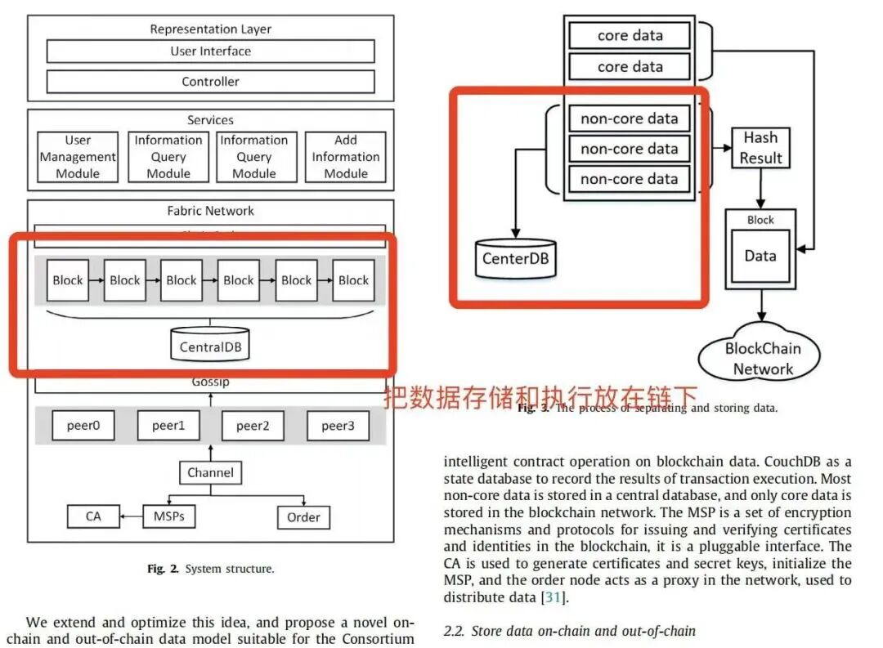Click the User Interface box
click(x=210, y=51)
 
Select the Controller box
click(x=210, y=82)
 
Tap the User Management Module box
click(x=78, y=157)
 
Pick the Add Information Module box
click(x=346, y=157)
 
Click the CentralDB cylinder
click(x=210, y=346)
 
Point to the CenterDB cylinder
click(x=515, y=259)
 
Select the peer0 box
click(x=84, y=426)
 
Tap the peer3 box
click(x=338, y=426)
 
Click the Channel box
click(x=210, y=472)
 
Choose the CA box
click(x=93, y=516)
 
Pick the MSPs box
click(x=169, y=516)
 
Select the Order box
click(x=303, y=517)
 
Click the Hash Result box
click(x=760, y=149)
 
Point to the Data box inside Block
click(x=760, y=256)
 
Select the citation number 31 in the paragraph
click(x=549, y=597)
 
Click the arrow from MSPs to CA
click(x=131, y=516)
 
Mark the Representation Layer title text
click(x=210, y=29)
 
